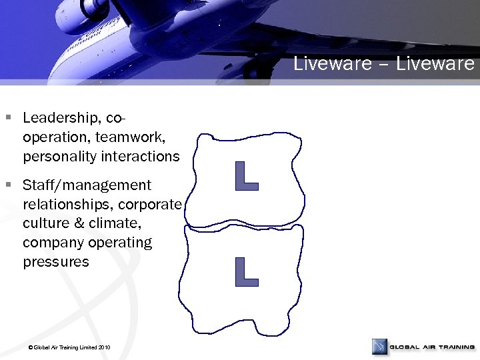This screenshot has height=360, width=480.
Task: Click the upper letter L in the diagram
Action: [x=247, y=175]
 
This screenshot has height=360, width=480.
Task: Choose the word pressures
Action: [x=56, y=262]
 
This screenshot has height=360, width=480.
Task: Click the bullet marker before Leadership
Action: [x=9, y=118]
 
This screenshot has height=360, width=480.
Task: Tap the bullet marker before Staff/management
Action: [x=9, y=184]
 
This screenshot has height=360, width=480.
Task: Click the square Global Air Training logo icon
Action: [x=380, y=347]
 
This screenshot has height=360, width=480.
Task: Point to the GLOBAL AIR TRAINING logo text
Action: [x=432, y=347]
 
